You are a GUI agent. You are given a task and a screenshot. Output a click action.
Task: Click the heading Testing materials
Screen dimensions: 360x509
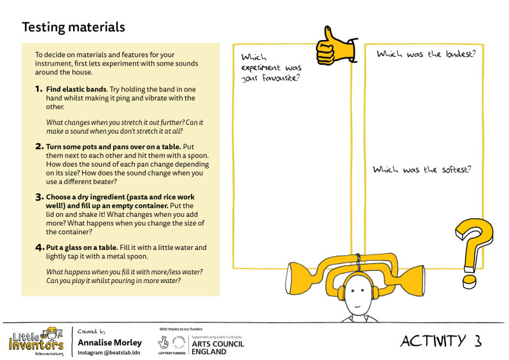[73, 27]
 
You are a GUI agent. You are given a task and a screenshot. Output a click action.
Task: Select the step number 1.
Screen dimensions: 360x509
[39, 90]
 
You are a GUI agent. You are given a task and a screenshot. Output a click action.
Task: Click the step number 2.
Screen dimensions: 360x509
[39, 146]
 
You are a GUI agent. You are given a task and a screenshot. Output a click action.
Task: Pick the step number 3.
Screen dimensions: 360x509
[39, 197]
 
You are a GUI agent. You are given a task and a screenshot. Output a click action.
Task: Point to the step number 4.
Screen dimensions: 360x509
[39, 247]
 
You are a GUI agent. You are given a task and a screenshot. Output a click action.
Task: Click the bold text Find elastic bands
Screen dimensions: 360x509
[74, 90]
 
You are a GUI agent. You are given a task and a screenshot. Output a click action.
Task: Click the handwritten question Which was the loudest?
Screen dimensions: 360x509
[426, 55]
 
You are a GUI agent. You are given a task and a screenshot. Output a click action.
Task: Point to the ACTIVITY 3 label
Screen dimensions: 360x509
[440, 341]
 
